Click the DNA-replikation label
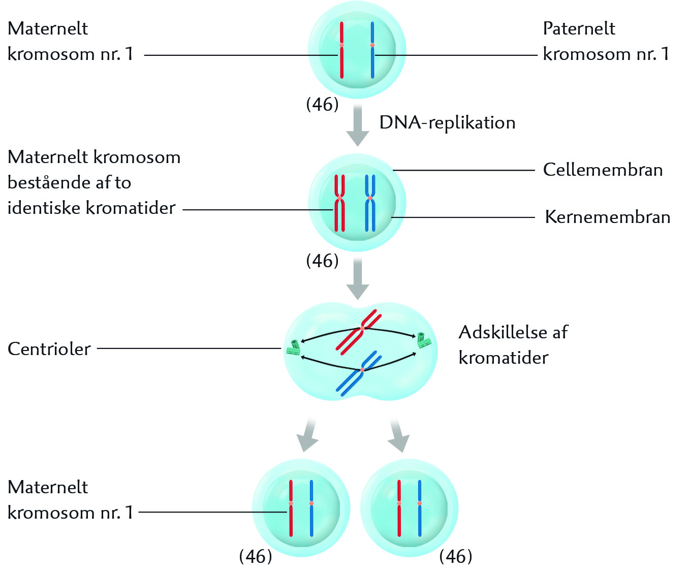click(447, 123)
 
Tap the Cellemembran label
click(603, 170)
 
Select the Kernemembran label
click(607, 217)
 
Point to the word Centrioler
click(49, 349)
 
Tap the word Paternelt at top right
click(579, 28)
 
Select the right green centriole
click(423, 340)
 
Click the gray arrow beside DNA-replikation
click(358, 125)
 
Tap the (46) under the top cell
click(322, 105)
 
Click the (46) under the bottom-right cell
click(455, 556)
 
